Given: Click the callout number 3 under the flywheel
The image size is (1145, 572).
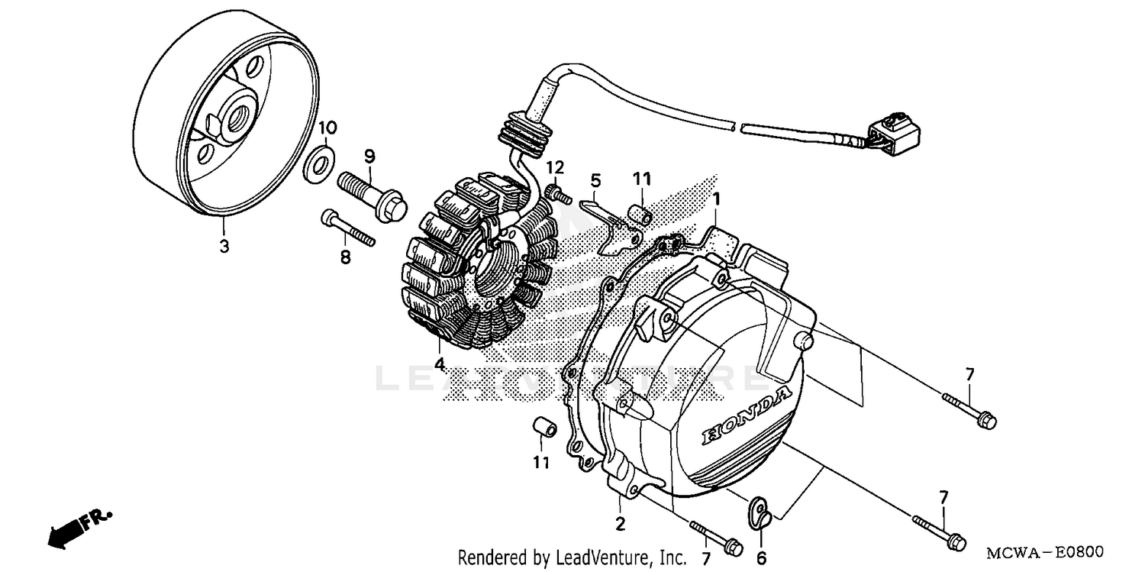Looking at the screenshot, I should pos(224,247).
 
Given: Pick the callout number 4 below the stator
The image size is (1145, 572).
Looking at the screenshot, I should pos(440,364).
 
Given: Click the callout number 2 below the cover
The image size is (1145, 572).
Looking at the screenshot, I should pos(620,524).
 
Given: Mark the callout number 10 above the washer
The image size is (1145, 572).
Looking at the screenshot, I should pos(327,126).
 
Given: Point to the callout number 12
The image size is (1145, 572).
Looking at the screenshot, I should pos(555,166).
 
